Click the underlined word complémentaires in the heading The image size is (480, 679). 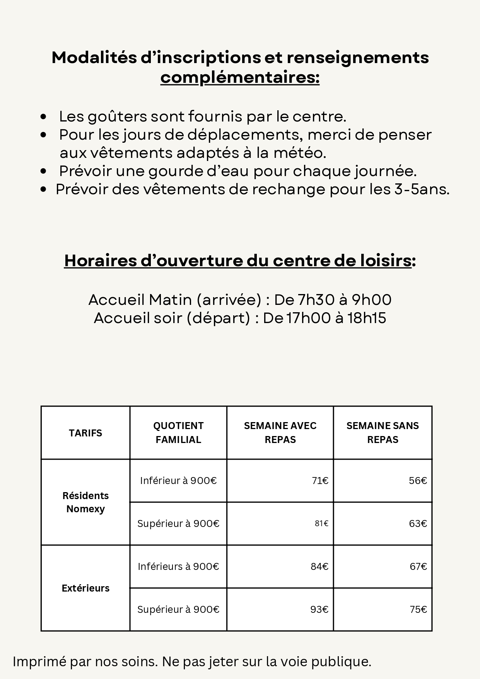[x=240, y=77]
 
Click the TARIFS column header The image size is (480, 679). [x=85, y=433]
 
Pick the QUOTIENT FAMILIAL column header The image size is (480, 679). [x=178, y=433]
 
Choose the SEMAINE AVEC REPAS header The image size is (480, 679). [x=280, y=433]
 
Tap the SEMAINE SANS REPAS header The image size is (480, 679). [x=383, y=433]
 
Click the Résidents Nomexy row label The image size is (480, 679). [x=85, y=502]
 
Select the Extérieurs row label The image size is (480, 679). [x=85, y=588]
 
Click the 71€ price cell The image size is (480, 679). [x=320, y=481]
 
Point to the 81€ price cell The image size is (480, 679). [x=321, y=523]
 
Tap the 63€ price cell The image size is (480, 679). [x=418, y=523]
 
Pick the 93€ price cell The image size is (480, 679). [x=319, y=609]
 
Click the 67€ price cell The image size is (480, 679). [x=418, y=566]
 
